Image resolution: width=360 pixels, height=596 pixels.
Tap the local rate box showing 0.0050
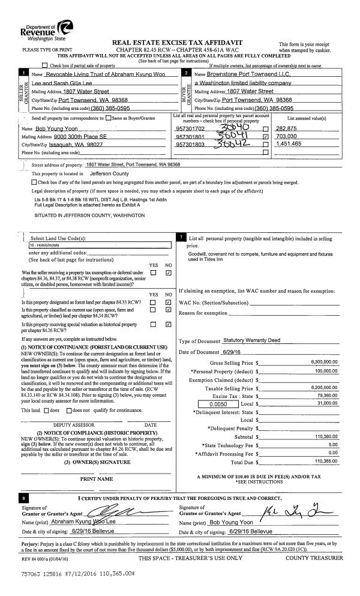(205, 404)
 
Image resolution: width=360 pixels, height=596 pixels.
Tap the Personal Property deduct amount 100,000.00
(326, 372)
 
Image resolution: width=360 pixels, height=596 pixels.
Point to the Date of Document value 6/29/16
(226, 351)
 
